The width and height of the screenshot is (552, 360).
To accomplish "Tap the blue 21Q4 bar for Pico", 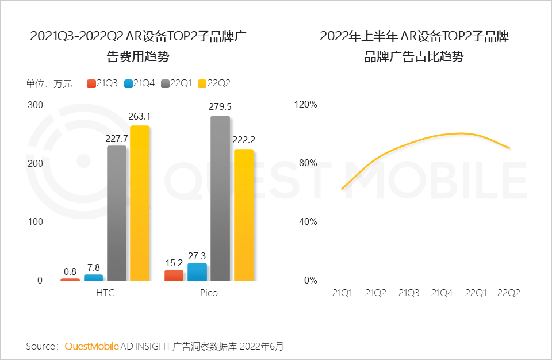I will [197, 271].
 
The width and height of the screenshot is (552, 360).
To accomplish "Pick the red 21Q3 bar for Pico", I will [174, 275].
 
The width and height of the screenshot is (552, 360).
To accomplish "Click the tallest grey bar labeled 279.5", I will [220, 198].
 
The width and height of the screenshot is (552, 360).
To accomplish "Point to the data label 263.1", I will [140, 117].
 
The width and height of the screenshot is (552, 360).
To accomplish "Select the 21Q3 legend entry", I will [102, 83].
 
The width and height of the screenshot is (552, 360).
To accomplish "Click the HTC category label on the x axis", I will [105, 293].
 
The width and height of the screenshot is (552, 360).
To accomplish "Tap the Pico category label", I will [209, 293].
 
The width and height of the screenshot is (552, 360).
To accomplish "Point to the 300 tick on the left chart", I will [35, 105].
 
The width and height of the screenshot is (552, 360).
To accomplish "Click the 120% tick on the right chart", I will [306, 105].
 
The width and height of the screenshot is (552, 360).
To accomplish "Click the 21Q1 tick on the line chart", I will [342, 293].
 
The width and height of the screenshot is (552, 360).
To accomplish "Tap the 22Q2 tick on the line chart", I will [509, 293].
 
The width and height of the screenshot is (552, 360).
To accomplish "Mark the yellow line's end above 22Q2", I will [509, 148].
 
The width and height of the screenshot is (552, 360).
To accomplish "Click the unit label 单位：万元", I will [49, 84].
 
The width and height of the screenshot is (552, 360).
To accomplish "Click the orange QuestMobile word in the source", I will [91, 346].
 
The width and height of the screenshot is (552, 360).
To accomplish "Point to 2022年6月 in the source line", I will [262, 346].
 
